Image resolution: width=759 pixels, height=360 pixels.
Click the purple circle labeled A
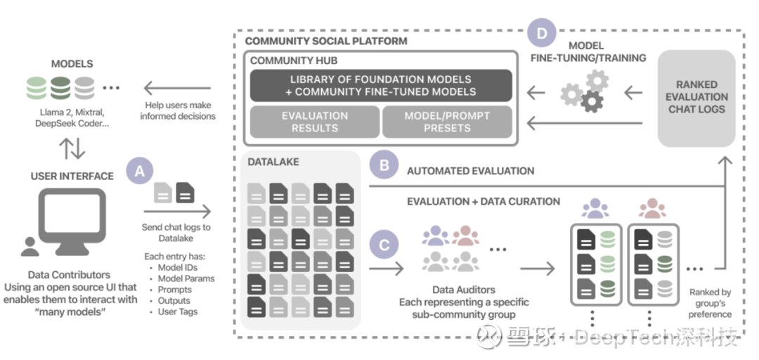pos(139,170)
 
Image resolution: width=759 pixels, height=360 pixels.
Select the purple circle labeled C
pos(384,245)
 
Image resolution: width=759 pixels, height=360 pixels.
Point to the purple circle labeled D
pos(542,33)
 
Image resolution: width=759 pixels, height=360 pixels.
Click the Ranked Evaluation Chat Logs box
pos(696,97)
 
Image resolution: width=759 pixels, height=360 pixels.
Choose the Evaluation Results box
pos(314,122)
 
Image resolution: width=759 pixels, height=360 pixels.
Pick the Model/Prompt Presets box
pos(447,122)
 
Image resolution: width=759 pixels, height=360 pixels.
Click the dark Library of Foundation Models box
pos(381,86)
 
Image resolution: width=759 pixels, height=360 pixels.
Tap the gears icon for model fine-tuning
pos(585,91)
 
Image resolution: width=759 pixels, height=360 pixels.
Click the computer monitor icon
pos(72,219)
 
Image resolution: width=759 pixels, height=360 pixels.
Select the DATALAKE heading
pos(273,162)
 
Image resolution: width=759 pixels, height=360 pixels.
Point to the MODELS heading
pos(72,64)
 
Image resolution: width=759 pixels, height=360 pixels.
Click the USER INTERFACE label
pos(72,176)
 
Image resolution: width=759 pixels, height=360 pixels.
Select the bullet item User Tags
pos(178,311)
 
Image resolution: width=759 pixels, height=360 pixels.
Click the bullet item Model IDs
pos(178,267)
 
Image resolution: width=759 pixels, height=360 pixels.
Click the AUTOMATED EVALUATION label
pos(470,170)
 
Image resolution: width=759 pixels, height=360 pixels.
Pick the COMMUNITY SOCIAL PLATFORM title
pos(326,41)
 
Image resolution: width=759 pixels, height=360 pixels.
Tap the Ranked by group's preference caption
pos(710,303)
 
